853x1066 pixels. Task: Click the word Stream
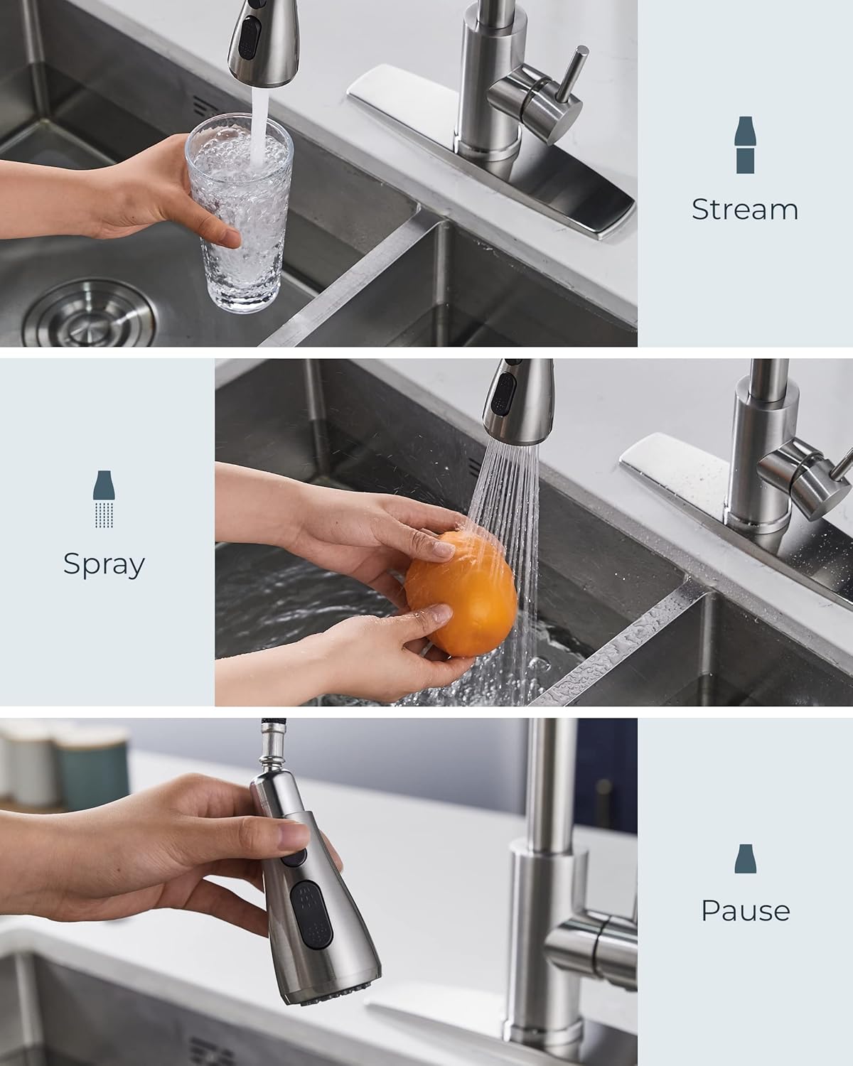click(x=744, y=210)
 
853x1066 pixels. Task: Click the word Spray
click(x=104, y=564)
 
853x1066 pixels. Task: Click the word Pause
click(x=745, y=910)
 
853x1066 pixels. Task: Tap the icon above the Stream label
click(x=745, y=145)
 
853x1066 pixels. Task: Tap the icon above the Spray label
click(x=104, y=499)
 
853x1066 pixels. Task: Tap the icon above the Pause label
click(x=745, y=859)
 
